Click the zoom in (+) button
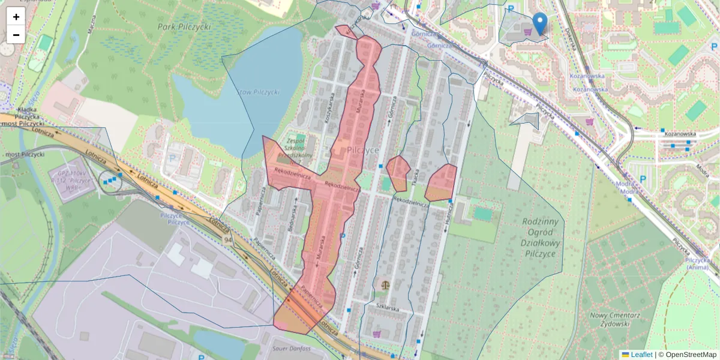point(16,17)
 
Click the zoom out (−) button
point(16,35)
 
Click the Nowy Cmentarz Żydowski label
point(609,319)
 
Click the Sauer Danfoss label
point(292,349)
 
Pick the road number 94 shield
point(228,240)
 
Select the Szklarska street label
point(388,307)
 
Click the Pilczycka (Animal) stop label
point(698,263)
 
